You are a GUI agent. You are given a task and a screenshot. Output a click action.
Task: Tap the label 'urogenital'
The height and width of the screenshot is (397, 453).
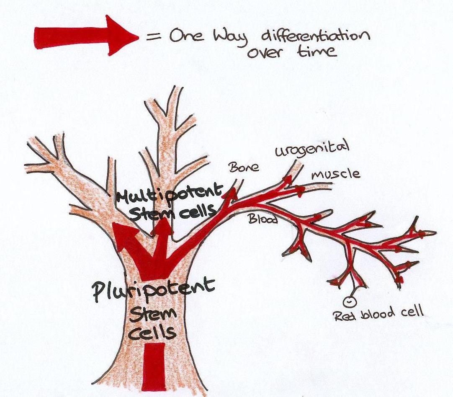312,150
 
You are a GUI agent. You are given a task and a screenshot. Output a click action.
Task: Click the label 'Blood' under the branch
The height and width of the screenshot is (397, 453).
263,219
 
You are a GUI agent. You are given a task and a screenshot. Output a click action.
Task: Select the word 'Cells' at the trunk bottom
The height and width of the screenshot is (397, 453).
152,333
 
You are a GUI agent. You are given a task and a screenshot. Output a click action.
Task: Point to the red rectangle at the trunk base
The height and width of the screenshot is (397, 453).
154,367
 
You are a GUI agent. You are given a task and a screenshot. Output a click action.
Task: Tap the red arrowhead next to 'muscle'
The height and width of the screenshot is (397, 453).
299,190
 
